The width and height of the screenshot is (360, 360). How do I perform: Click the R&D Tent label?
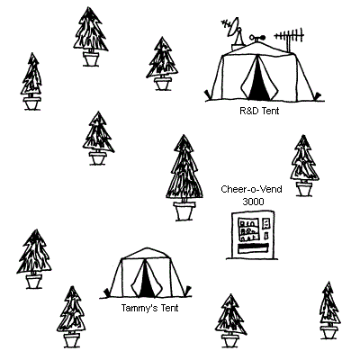pyautogui.click(x=259, y=111)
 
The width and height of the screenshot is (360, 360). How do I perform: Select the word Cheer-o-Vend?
pyautogui.click(x=251, y=189)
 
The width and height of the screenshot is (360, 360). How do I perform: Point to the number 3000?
pyautogui.click(x=253, y=202)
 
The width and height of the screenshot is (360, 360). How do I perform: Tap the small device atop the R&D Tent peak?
pyautogui.click(x=257, y=38)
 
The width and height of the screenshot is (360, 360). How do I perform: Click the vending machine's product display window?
pyautogui.click(x=248, y=229)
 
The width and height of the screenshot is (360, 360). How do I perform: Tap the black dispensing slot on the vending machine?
pyautogui.click(x=253, y=248)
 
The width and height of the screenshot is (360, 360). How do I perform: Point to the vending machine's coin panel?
pyautogui.click(x=265, y=228)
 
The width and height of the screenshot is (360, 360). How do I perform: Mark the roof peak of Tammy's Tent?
pyautogui.click(x=147, y=248)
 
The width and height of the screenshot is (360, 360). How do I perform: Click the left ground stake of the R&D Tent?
pyautogui.click(x=208, y=94)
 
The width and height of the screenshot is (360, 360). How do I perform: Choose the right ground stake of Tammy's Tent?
pyautogui.click(x=188, y=291)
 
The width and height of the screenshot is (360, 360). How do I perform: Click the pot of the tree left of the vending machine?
pyautogui.click(x=184, y=211)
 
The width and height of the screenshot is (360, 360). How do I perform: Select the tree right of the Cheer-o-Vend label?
pyautogui.click(x=303, y=166)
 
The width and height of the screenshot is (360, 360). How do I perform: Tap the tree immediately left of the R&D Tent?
pyautogui.click(x=162, y=63)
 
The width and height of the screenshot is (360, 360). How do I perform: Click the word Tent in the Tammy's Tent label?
pyautogui.click(x=169, y=308)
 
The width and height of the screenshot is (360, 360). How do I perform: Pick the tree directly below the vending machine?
pyautogui.click(x=230, y=320)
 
